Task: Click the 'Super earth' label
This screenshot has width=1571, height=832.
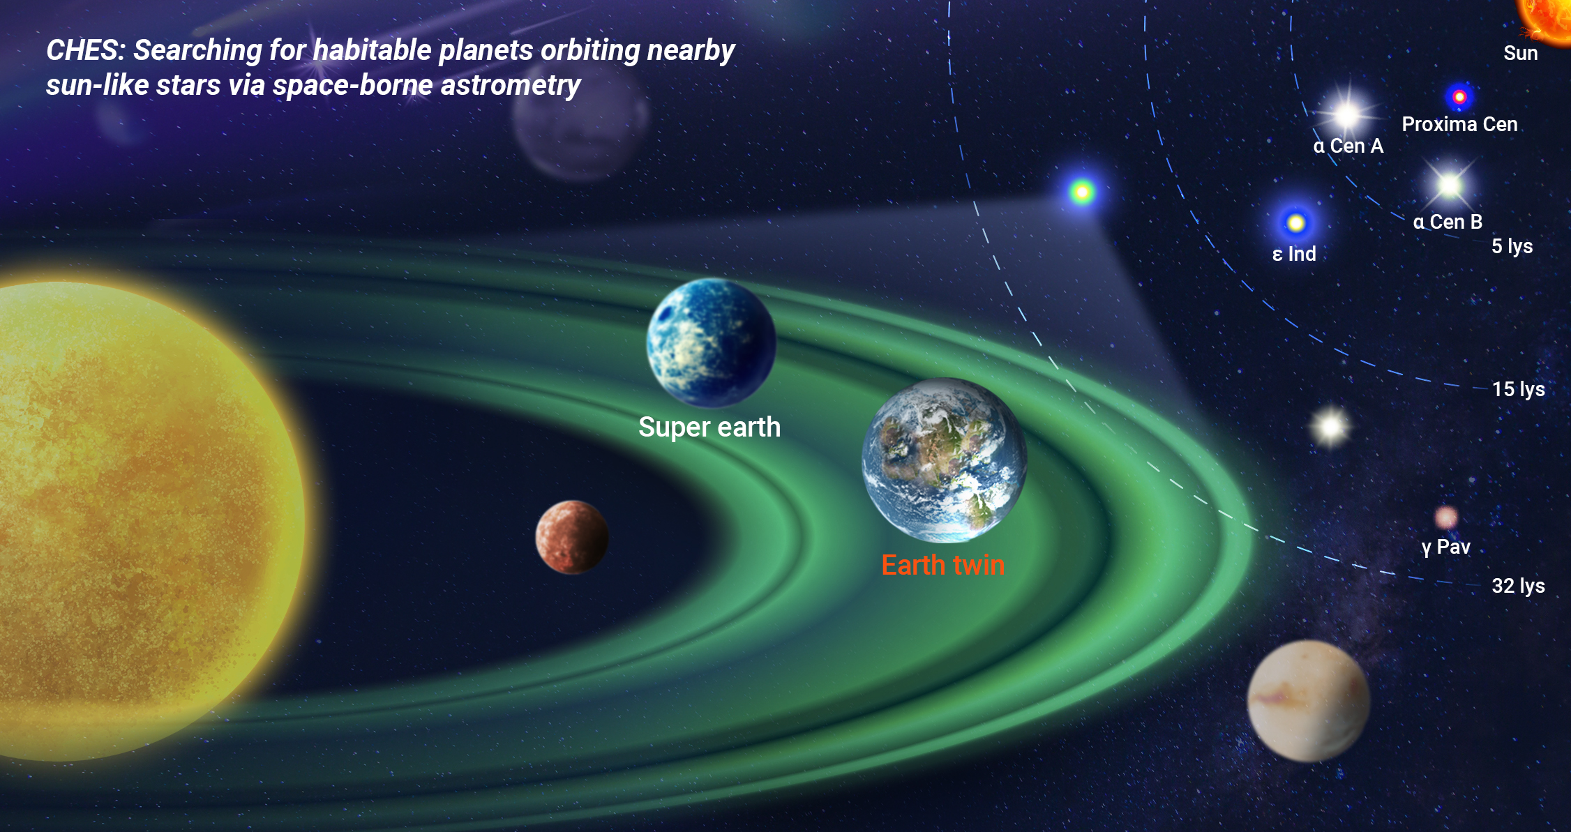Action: (x=709, y=428)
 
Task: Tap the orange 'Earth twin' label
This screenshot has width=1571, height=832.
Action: (x=943, y=565)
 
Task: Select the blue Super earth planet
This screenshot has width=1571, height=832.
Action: (x=711, y=342)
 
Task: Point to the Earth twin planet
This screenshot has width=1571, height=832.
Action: (x=945, y=460)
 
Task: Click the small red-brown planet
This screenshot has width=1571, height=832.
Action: (x=572, y=537)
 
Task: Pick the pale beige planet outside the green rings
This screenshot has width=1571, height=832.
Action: (x=1309, y=701)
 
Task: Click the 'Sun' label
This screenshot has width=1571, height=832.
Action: (x=1521, y=53)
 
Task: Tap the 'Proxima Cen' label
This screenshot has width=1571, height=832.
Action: (x=1460, y=124)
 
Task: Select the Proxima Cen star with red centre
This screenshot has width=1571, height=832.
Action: (x=1459, y=97)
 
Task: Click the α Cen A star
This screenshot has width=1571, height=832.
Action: (x=1348, y=114)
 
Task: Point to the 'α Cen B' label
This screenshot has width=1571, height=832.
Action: (x=1448, y=222)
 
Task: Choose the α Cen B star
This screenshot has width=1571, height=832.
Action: (x=1450, y=186)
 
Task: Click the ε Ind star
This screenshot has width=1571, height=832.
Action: (x=1295, y=223)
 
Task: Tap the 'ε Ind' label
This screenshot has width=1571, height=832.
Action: (x=1294, y=254)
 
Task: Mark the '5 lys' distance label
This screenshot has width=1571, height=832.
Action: (x=1512, y=246)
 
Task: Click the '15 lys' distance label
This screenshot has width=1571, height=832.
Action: (x=1519, y=389)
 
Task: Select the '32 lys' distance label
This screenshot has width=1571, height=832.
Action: (x=1519, y=586)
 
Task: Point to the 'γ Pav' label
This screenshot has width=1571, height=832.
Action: (x=1446, y=547)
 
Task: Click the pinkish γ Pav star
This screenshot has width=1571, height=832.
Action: (x=1446, y=517)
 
